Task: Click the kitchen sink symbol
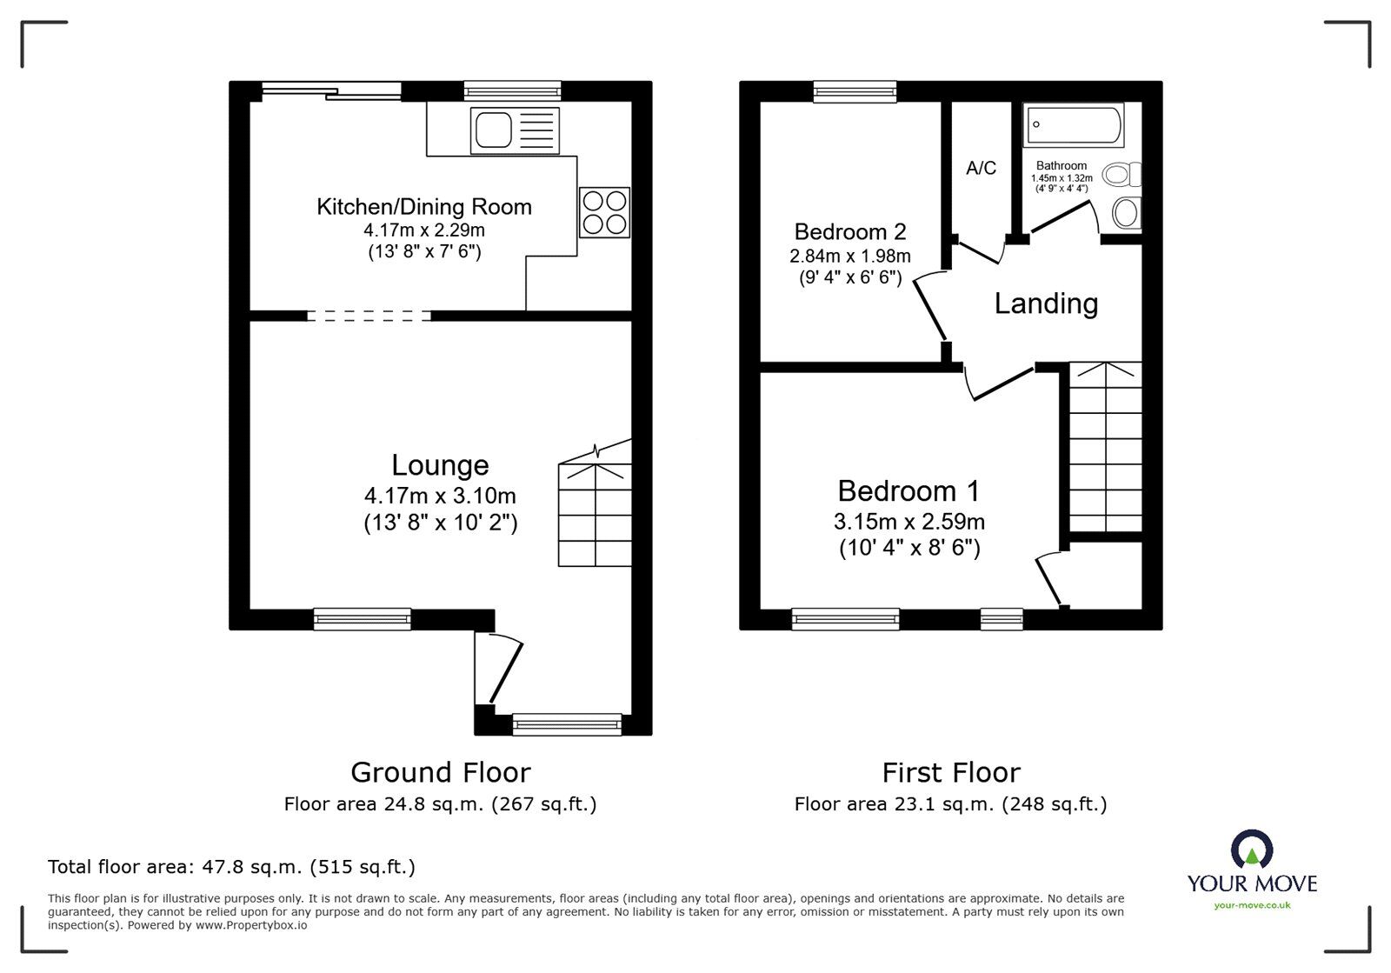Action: [513, 130]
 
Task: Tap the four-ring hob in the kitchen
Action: [604, 212]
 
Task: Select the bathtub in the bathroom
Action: [1075, 126]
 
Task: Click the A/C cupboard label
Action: [981, 168]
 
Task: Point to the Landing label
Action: [1046, 303]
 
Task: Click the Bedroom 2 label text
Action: [849, 231]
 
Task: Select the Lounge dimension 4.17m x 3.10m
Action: [440, 496]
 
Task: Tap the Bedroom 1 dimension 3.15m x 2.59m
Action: [908, 522]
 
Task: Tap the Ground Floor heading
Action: [440, 772]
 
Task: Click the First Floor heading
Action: [950, 772]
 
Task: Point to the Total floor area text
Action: [231, 867]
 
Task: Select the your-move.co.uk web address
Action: [1252, 906]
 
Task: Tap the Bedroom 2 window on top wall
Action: [855, 90]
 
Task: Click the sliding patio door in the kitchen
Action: [330, 90]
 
